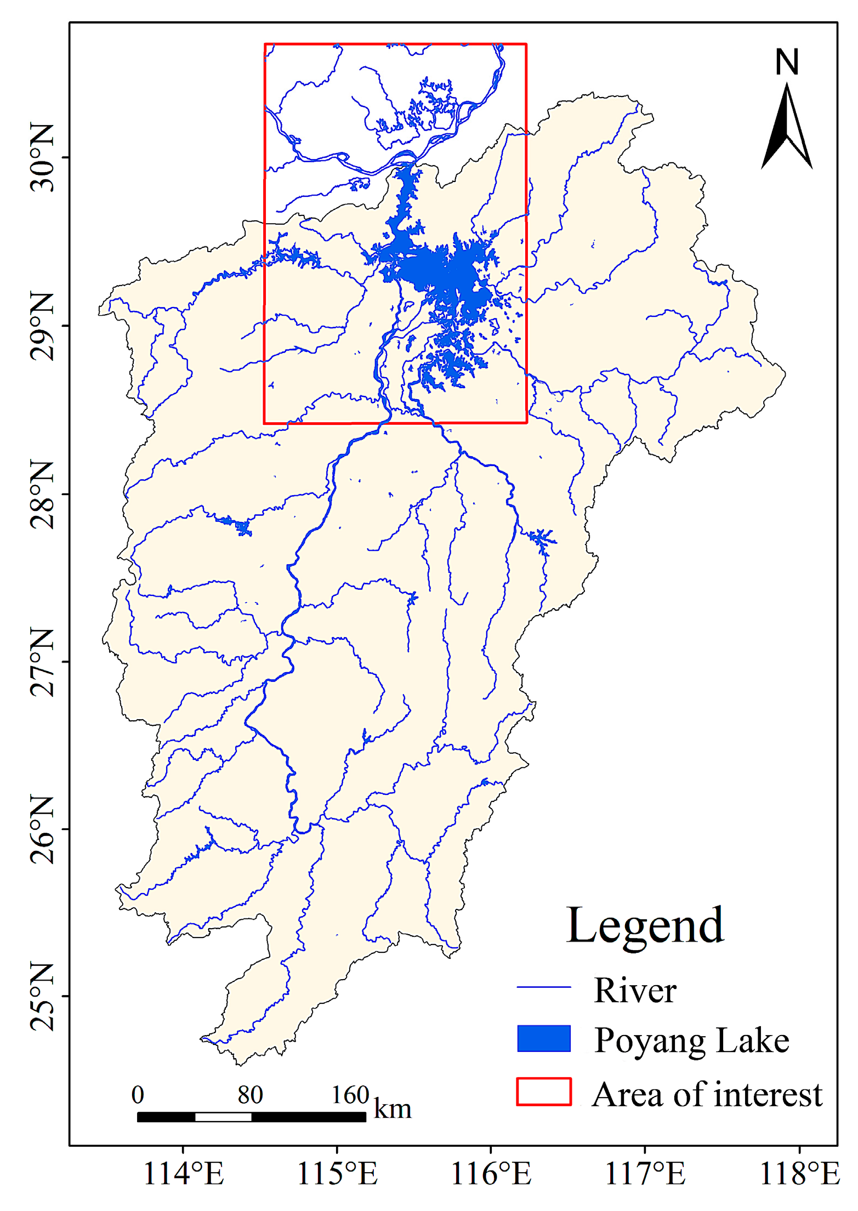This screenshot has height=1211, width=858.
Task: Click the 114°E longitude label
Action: click(x=183, y=1174)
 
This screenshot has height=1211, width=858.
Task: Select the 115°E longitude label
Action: click(x=337, y=1174)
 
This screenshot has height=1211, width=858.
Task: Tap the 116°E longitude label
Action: click(x=491, y=1174)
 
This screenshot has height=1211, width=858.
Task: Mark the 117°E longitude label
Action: click(x=645, y=1174)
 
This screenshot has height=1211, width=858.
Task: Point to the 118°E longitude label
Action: click(x=799, y=1174)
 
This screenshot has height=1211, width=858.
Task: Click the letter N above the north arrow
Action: click(x=787, y=62)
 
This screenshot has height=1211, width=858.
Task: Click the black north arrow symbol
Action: click(x=786, y=129)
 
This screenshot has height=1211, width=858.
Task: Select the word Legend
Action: click(x=645, y=926)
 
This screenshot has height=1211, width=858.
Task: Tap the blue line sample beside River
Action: click(x=543, y=987)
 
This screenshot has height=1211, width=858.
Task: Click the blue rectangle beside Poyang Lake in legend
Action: click(x=543, y=1038)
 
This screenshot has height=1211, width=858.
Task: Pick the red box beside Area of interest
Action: click(x=543, y=1091)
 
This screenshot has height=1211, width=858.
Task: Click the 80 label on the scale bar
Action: click(x=250, y=1095)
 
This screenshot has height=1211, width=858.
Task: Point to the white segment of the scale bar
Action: click(x=223, y=1117)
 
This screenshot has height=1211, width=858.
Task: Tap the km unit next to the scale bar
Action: click(x=393, y=1109)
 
